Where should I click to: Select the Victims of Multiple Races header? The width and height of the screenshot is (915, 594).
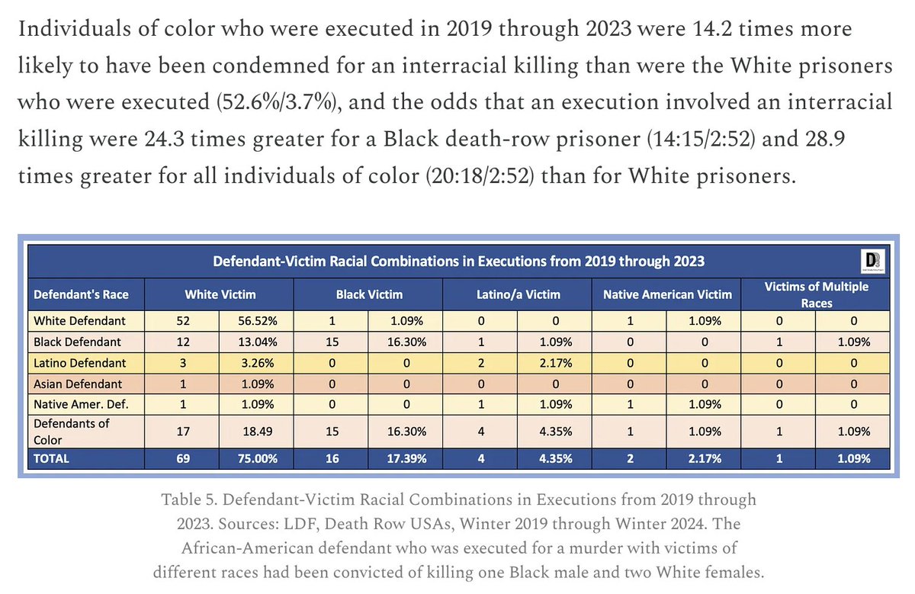tap(817, 294)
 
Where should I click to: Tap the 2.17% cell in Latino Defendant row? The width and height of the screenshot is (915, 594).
tap(552, 362)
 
